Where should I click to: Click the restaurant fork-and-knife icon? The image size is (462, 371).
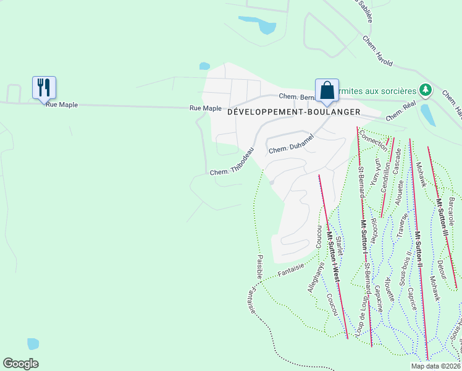[x=43, y=87]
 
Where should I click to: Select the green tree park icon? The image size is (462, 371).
[x=425, y=90]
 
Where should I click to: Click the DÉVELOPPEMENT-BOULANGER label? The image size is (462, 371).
[x=294, y=111]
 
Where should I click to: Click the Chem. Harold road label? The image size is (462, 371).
[x=378, y=51]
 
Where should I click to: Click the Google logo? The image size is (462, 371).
[x=21, y=363]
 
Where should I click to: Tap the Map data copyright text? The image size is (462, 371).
[x=435, y=366]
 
